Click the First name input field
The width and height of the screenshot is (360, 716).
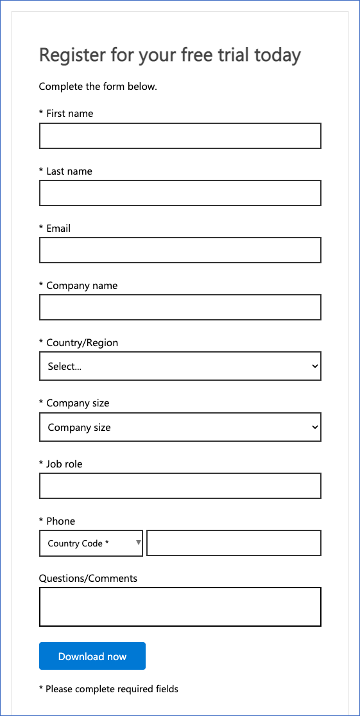coord(180,136)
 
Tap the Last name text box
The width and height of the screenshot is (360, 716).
coord(180,193)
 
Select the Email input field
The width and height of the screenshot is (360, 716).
coord(180,250)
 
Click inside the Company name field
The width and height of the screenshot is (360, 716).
coord(180,308)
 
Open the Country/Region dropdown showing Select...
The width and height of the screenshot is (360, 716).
coord(180,367)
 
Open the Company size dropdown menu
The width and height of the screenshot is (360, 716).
coord(180,427)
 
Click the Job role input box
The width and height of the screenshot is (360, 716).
coord(180,486)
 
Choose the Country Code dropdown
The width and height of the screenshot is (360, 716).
coord(90,543)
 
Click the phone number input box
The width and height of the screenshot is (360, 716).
coord(234,543)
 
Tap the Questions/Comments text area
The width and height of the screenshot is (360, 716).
coord(180,607)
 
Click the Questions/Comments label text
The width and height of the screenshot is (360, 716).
coord(88,578)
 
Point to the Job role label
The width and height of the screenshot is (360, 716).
coord(64,464)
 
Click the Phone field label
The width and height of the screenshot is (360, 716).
coord(60,521)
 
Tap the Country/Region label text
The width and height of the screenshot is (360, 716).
coord(82,343)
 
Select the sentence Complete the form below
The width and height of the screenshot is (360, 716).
coord(98,87)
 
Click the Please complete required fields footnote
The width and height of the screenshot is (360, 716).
coord(112,689)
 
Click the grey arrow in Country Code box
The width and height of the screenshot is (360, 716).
coord(138,543)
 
